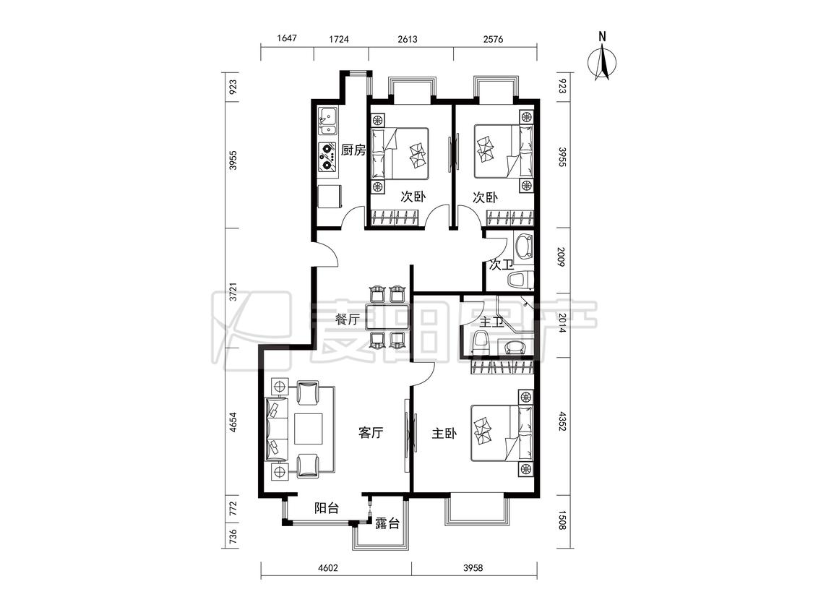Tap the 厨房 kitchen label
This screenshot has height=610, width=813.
tap(353, 150)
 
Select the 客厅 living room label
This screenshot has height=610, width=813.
tap(371, 432)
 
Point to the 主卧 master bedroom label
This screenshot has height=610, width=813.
tap(444, 433)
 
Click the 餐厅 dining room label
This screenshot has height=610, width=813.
tap(348, 319)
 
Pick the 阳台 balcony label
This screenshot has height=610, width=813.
tap(327, 508)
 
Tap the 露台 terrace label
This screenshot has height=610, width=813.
tap(387, 523)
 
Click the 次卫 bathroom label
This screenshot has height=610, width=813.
tap(501, 265)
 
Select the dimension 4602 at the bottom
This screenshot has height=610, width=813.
tap(327, 567)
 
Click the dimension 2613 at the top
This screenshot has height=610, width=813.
tap(407, 39)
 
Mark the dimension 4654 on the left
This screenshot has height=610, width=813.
tap(233, 423)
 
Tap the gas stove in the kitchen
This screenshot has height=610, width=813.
tap(327, 158)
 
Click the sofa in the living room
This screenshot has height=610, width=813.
tap(277, 429)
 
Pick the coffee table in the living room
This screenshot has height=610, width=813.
tap(309, 429)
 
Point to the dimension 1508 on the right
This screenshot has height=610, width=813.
tap(562, 520)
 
